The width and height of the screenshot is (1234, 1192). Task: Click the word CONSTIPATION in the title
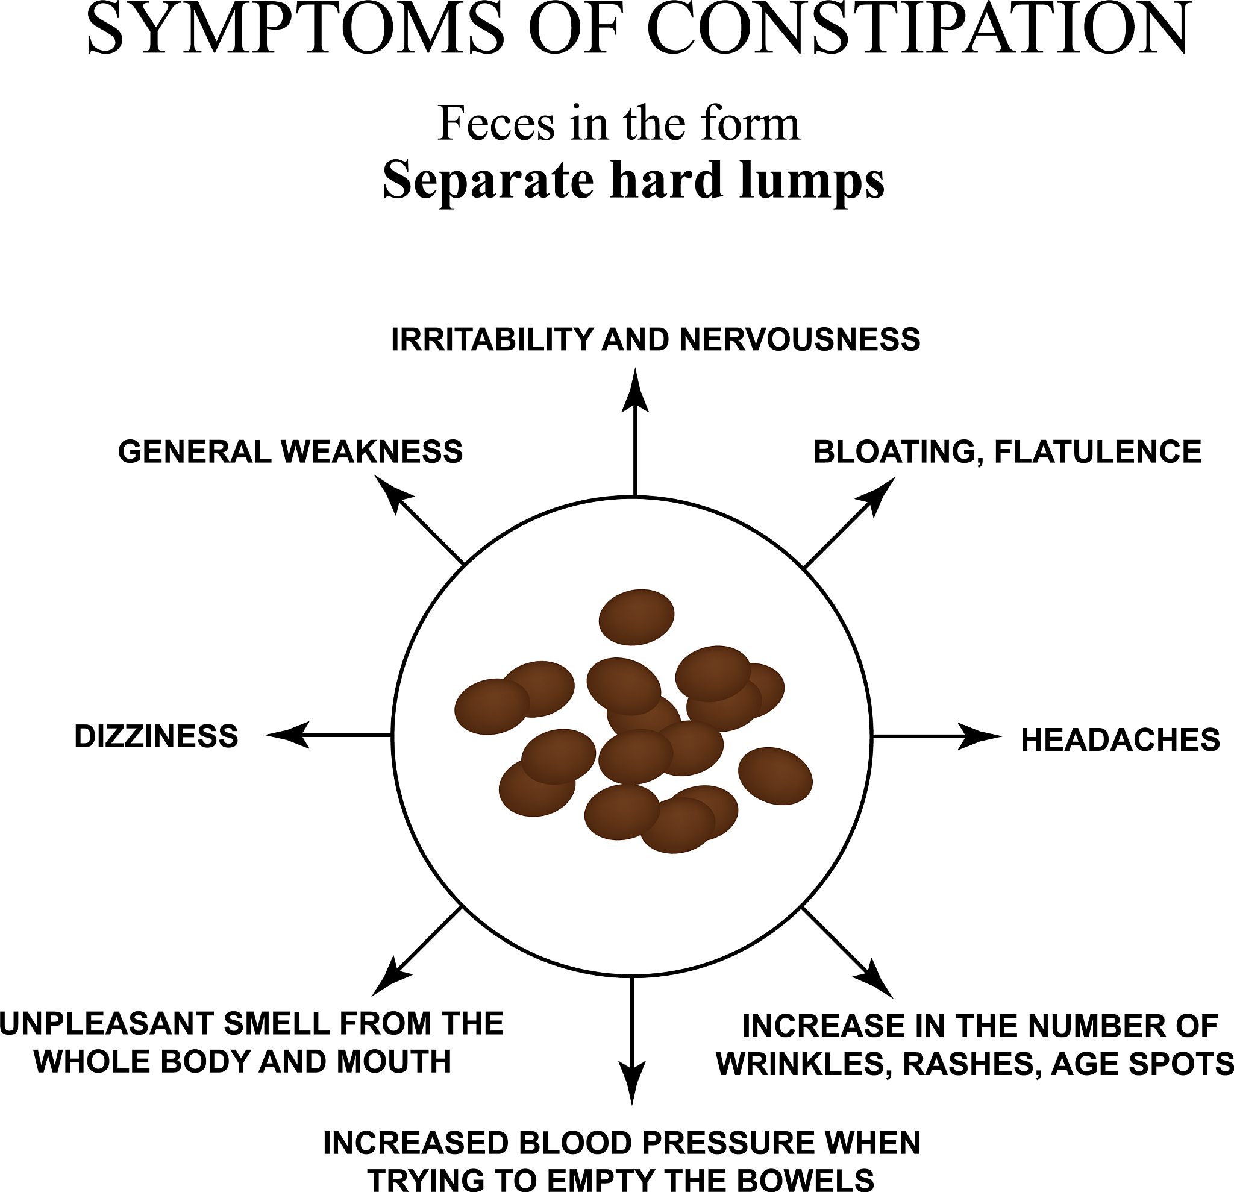coord(919,30)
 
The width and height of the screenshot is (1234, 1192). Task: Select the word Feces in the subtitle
coord(495,124)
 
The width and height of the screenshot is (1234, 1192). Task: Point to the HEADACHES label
coord(1120,740)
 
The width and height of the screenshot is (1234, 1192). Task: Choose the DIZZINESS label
coord(156,737)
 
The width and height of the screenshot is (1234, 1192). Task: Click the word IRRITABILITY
coord(492,340)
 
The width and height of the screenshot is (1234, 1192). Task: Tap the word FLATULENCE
coord(1097,452)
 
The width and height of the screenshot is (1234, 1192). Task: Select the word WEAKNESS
coord(371,452)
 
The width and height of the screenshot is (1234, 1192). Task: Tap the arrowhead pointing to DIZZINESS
coord(287,735)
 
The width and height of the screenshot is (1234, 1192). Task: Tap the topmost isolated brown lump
coord(636,617)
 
